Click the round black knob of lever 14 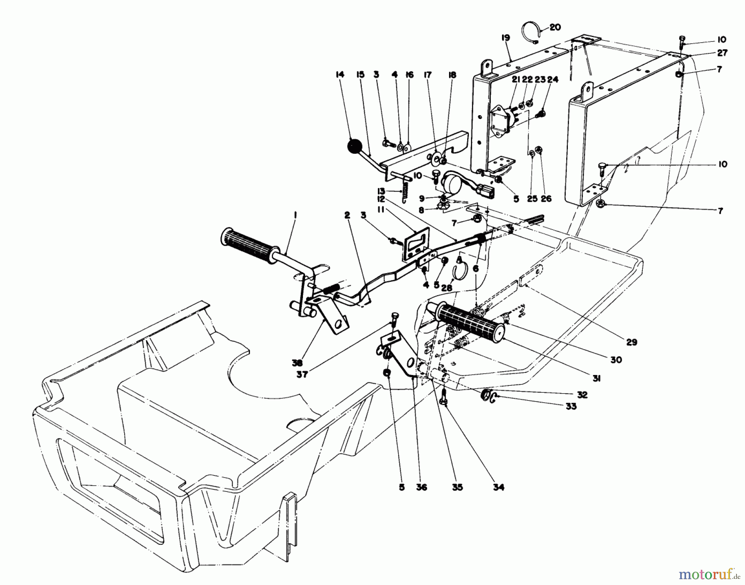[x=354, y=146]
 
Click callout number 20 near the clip [x=555, y=27]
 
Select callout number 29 [x=632, y=342]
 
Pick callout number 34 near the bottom [x=498, y=487]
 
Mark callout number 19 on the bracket [x=505, y=38]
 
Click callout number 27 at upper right [x=722, y=53]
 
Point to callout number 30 [x=616, y=360]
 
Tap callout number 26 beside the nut [x=546, y=198]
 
